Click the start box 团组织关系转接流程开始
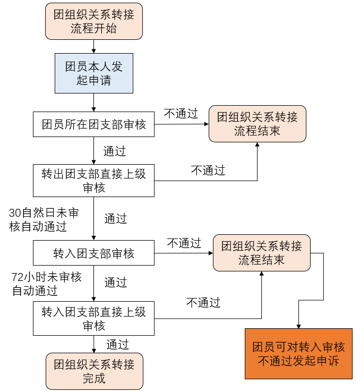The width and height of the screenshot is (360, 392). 94,21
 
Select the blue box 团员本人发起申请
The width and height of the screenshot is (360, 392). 94,73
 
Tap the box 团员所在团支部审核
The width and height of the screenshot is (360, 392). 93,125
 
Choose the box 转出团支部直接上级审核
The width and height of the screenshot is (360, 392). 93,181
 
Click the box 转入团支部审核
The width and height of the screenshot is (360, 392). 93,253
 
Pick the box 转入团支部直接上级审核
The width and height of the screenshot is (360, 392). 93,319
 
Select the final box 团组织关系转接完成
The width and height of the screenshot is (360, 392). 94,371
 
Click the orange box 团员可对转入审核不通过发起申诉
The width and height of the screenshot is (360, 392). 298,354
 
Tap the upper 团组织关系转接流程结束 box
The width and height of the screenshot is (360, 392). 258,124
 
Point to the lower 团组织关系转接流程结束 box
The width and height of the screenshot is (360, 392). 261,253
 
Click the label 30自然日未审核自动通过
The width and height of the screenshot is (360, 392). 44,219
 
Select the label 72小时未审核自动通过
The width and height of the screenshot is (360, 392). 47,284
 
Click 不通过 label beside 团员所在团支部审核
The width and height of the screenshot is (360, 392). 181,113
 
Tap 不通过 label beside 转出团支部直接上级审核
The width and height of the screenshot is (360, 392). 208,171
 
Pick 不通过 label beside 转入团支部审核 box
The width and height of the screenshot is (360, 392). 184,243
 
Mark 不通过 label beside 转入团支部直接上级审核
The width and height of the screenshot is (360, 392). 203,303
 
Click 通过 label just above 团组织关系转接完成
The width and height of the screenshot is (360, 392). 117,344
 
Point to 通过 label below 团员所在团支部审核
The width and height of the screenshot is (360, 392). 115,151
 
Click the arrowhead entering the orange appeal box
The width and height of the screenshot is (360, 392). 298,326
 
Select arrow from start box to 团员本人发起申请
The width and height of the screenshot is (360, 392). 94,46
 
